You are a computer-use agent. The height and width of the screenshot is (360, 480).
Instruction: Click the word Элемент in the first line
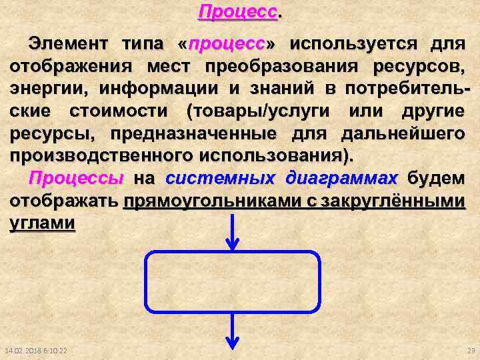pyautogui.click(x=71, y=45)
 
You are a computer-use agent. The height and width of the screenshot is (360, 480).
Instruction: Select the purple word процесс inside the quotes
pyautogui.click(x=227, y=45)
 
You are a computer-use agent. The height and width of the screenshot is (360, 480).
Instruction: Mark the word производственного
pyautogui.click(x=101, y=155)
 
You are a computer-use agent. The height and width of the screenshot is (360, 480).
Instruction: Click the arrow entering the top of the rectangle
pyautogui.click(x=233, y=233)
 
